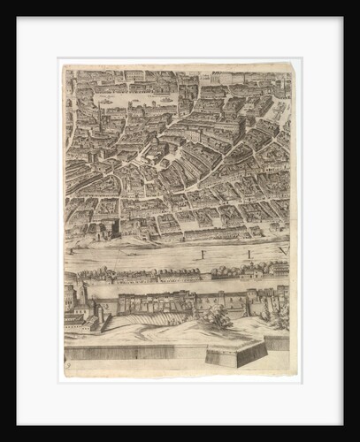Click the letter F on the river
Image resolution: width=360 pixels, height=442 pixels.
(203, 254)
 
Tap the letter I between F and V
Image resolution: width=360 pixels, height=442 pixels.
(249, 254)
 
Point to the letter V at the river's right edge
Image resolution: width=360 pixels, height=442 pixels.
(283, 251)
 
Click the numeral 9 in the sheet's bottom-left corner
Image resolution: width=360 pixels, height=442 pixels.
(67, 364)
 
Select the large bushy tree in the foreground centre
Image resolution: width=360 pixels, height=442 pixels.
(219, 316)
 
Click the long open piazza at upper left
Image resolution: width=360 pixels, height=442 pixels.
(133, 100)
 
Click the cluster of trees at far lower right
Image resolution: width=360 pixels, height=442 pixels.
(280, 315)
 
